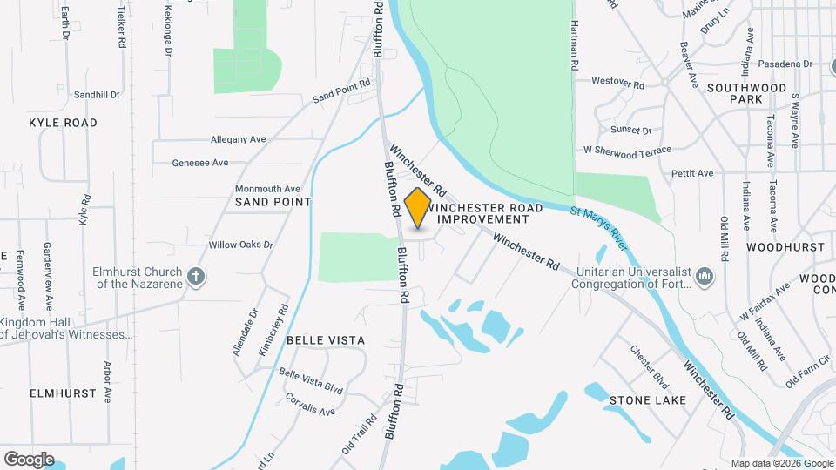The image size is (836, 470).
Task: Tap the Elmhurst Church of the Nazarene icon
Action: tap(197, 277)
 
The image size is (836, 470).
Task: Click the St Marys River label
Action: tap(599, 225)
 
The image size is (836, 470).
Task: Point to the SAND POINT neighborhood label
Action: tap(273, 202)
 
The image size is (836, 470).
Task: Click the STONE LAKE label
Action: tap(648, 400)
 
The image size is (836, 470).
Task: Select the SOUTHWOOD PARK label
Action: tap(747, 94)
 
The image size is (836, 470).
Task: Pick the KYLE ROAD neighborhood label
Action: tap(63, 123)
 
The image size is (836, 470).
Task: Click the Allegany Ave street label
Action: tap(238, 139)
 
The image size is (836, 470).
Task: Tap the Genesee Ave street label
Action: tap(200, 163)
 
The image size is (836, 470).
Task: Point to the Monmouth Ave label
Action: tap(267, 188)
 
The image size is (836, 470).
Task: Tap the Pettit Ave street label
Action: tap(692, 174)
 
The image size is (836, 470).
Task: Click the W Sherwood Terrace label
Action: tap(627, 151)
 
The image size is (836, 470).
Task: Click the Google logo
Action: tap(29, 459)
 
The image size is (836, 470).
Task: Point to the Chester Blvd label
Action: tap(650, 364)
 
